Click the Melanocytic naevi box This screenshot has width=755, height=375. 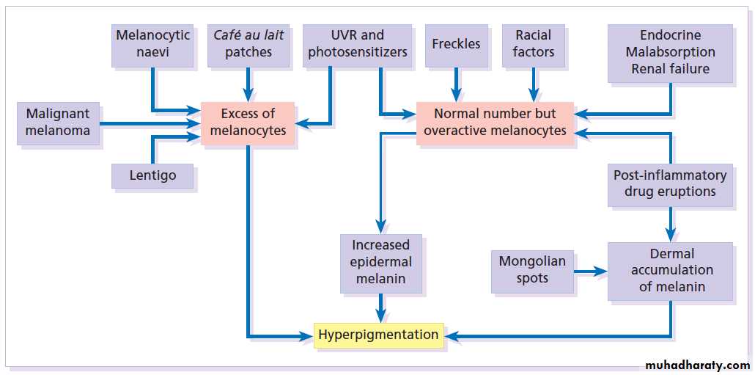point(152,44)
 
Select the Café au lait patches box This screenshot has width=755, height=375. point(248,44)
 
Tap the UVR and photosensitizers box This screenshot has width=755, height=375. point(357,44)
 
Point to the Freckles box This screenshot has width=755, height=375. point(456,44)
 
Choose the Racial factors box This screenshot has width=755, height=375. point(534,44)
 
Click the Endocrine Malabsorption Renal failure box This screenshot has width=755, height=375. point(670,52)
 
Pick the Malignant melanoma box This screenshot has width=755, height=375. point(58,123)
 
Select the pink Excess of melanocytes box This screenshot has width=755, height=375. point(248,123)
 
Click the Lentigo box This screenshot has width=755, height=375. point(152,175)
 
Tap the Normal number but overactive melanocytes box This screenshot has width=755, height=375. point(495,123)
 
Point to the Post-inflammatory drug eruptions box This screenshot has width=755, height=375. point(670,183)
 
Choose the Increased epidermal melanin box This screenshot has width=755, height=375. point(380,262)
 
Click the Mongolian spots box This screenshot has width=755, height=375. point(532,269)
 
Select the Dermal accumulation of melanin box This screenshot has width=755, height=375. point(670,270)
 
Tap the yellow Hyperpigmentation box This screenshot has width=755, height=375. point(378,335)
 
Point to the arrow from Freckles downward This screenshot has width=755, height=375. point(456,84)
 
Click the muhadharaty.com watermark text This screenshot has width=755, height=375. point(697,365)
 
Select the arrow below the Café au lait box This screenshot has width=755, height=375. point(248,84)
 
